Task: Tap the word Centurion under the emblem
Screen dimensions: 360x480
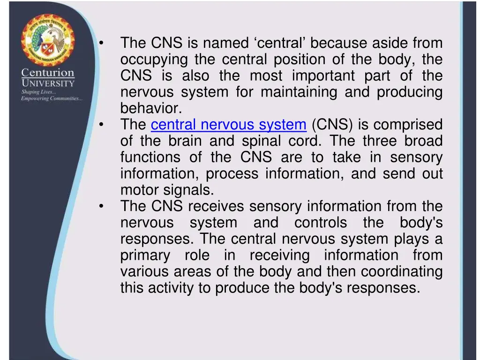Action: [x=47, y=73]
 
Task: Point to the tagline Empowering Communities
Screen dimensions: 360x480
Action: [x=52, y=98]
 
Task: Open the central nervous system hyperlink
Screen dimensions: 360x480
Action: [x=228, y=125]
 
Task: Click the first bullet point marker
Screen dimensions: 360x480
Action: [x=101, y=43]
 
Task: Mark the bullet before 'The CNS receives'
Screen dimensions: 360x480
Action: [x=101, y=207]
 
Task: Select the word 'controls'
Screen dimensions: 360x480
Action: [x=321, y=223]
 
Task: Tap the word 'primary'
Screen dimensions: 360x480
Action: [x=145, y=255]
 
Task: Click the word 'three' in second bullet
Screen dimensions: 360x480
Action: [x=373, y=141]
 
